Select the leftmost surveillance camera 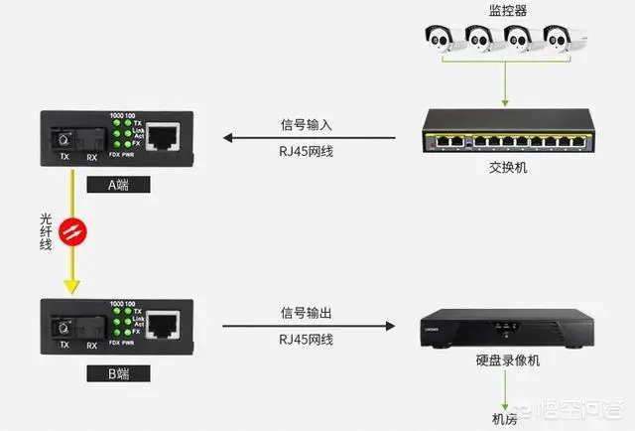442,39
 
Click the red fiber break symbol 69,233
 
